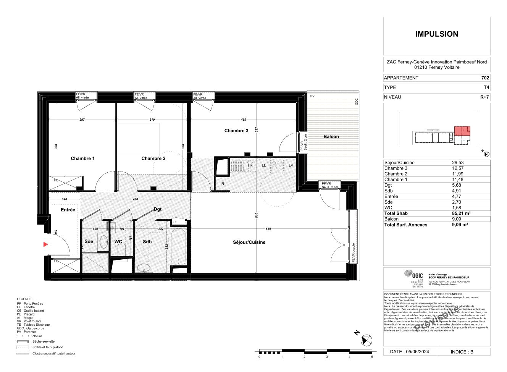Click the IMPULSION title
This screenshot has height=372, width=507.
[x=436, y=34]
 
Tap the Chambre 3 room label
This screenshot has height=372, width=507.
[x=236, y=131]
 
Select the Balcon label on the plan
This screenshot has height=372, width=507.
[x=331, y=137]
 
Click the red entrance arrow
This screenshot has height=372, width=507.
[x=45, y=244]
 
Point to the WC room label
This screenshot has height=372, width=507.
[x=118, y=242]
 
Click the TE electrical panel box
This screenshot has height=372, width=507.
[x=175, y=222]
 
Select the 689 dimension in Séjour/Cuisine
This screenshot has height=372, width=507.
[x=268, y=229]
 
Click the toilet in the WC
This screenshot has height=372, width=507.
[x=122, y=250]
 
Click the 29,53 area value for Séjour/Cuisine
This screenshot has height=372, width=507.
[x=458, y=163]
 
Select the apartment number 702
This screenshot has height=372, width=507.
[x=485, y=78]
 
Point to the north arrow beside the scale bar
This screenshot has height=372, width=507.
[x=366, y=340]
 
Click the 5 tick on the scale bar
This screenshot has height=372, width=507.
[x=372, y=357]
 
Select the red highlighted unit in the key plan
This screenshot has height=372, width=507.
[x=462, y=131]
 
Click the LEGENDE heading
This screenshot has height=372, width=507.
[x=24, y=299]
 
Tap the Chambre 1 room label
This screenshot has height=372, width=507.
[x=82, y=159]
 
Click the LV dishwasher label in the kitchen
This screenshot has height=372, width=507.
[x=291, y=165]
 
